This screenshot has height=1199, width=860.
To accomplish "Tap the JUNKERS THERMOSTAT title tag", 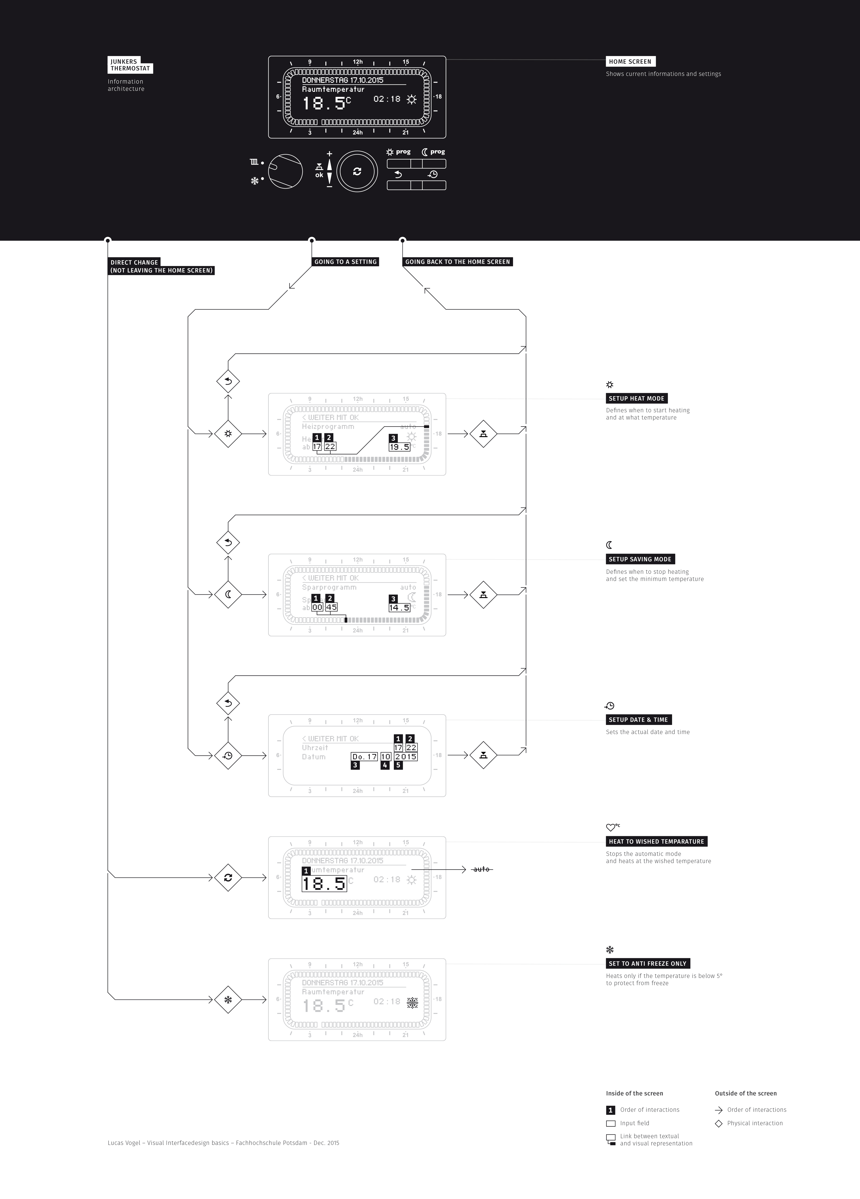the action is (130, 65).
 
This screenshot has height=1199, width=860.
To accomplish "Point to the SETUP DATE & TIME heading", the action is (638, 719).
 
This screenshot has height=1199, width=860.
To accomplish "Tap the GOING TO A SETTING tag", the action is (345, 262).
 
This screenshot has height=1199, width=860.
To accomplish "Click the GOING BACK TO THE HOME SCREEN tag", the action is (457, 262).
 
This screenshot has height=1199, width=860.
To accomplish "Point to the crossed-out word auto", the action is (481, 869).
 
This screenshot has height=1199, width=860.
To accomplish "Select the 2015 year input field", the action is (405, 756).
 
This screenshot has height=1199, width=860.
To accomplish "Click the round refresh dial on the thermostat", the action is (357, 171).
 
